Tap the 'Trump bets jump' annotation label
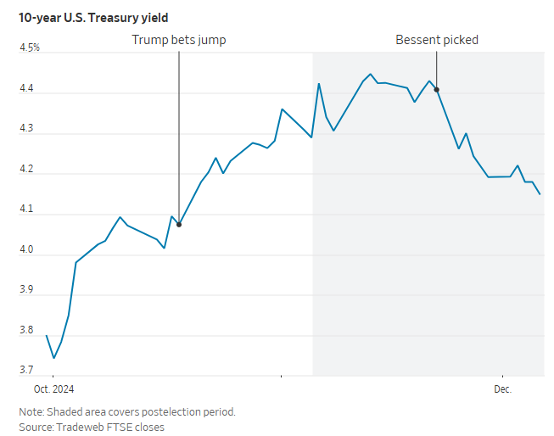tap(179, 40)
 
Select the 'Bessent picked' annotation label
tap(437, 40)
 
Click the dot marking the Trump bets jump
tap(179, 225)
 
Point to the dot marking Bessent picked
tap(436, 89)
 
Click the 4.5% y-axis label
tap(30, 48)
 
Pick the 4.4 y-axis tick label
tap(25, 88)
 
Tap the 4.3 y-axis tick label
tap(25, 129)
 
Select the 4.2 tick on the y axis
tap(25, 170)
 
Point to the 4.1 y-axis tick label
tap(25, 210)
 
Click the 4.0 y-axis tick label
tap(25, 250)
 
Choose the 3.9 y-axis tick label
tap(25, 290)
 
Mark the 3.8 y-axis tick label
tap(25, 331)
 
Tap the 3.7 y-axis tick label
tap(25, 371)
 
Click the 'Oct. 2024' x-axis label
tap(54, 389)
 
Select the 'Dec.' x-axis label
tap(504, 389)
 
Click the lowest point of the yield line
tap(53, 358)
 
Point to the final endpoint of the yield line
tap(540, 194)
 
